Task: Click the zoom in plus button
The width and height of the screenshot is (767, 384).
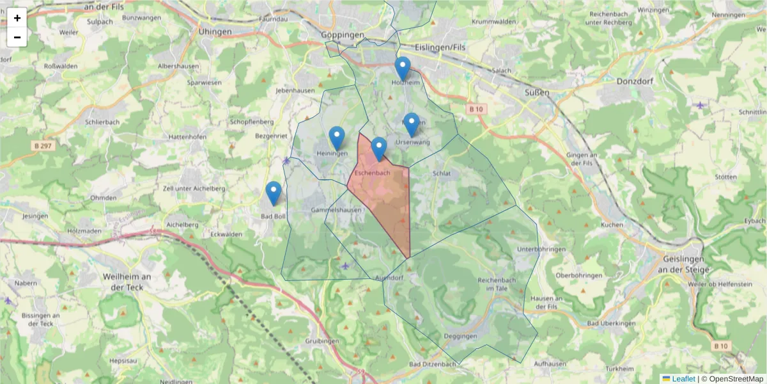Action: point(17,18)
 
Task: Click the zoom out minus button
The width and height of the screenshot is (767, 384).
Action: point(17,37)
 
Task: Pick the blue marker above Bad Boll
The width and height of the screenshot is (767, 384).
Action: point(274,193)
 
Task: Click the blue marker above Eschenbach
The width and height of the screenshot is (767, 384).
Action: point(379,148)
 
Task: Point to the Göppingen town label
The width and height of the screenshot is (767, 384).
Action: point(343,35)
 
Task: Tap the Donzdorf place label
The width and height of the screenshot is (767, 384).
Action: point(634,81)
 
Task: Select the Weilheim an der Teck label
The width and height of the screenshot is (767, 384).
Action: point(127,282)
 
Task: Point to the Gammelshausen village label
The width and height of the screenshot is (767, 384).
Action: point(336,210)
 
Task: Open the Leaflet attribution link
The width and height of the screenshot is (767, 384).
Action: point(683,379)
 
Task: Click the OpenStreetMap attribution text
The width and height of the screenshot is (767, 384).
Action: point(732,379)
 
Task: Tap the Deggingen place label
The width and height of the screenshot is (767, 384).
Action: point(460,336)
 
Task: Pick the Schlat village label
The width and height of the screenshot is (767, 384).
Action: point(442,173)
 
